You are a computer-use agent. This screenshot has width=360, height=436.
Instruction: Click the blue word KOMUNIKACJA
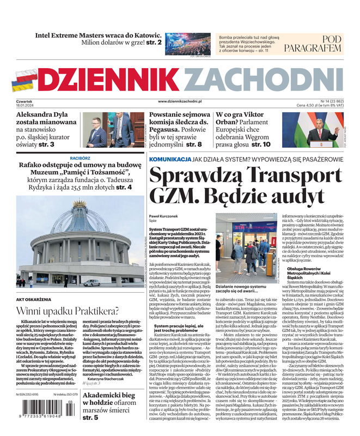coord(170,159)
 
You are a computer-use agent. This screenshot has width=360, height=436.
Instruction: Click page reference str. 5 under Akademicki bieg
coord(90,417)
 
